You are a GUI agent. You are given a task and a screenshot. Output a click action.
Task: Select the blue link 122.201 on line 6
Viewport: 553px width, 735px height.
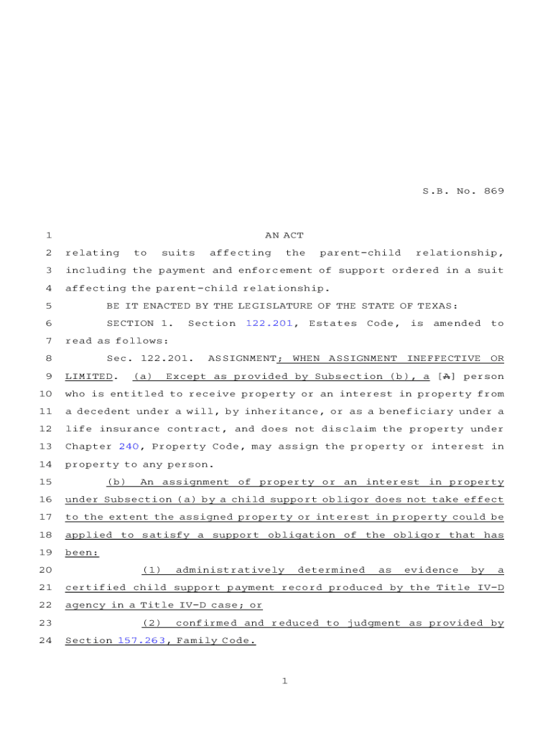pyautogui.click(x=269, y=324)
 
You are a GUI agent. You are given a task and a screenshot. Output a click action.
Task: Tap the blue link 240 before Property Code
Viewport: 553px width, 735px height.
pyautogui.click(x=129, y=446)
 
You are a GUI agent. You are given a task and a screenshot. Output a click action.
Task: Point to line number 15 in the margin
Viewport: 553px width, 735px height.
pyautogui.click(x=45, y=482)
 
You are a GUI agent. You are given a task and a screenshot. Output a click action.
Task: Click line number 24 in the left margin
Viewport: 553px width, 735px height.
pyautogui.click(x=45, y=640)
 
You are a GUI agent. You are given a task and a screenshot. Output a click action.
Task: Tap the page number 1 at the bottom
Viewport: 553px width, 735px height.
pyautogui.click(x=284, y=681)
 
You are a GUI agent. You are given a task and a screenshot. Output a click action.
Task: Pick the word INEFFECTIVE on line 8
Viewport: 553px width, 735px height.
pyautogui.click(x=440, y=358)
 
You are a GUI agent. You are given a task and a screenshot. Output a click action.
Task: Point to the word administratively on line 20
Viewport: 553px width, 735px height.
pyautogui.click(x=230, y=570)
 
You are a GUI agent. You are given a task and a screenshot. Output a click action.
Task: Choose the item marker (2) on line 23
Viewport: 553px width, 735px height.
pyautogui.click(x=152, y=623)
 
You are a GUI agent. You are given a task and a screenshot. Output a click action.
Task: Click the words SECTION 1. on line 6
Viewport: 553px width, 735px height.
pyautogui.click(x=139, y=324)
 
